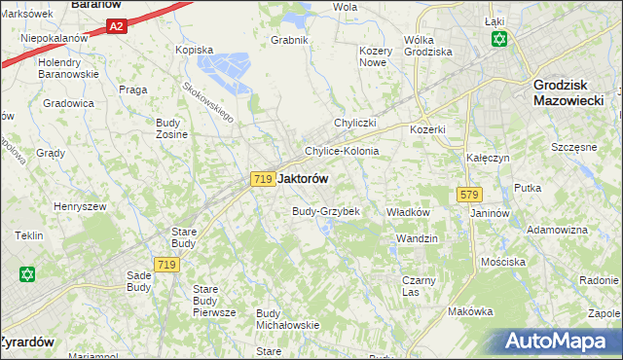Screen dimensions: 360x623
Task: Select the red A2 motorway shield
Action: (x=116, y=27)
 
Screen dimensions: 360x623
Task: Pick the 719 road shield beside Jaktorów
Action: (x=261, y=179)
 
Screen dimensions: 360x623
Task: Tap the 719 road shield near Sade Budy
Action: (x=165, y=265)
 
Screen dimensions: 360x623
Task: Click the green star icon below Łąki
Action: (x=499, y=39)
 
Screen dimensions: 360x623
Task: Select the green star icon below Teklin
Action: (x=26, y=274)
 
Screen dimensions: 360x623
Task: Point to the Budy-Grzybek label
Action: (x=327, y=211)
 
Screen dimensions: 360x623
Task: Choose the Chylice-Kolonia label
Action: (x=342, y=152)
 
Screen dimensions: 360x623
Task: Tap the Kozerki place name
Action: (x=427, y=129)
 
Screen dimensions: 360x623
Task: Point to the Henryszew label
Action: (x=79, y=206)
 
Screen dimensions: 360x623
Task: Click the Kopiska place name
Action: (x=193, y=49)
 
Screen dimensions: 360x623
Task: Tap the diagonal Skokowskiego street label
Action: (x=208, y=101)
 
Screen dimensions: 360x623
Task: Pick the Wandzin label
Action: (x=418, y=238)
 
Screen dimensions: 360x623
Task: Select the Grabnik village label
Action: (x=290, y=40)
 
